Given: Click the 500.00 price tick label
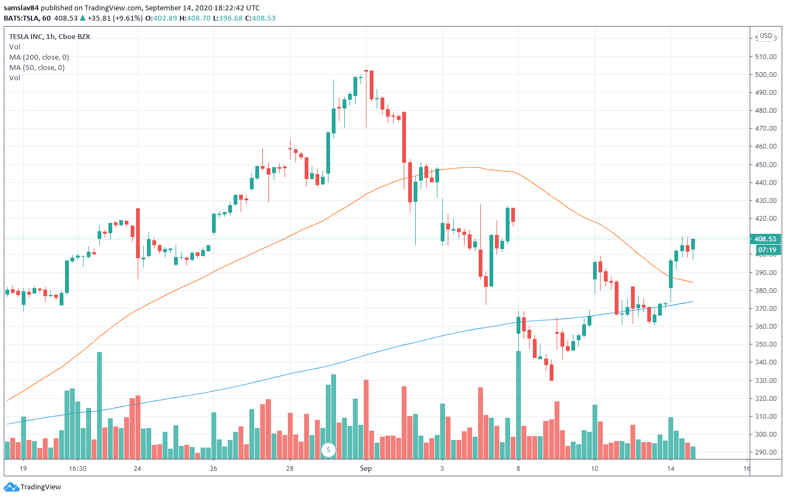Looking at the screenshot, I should click(765, 74).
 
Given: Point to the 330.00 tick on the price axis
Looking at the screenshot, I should click(765, 380).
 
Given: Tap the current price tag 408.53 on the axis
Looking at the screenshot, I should click(765, 239).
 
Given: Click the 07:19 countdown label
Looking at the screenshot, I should click(766, 250).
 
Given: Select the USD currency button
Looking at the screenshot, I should click(765, 36).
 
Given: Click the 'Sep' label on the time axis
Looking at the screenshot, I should click(366, 468).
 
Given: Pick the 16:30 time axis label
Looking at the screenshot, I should click(78, 468).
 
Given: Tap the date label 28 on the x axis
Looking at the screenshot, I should click(289, 468).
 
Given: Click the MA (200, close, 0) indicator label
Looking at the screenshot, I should click(39, 57).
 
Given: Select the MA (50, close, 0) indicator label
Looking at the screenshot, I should click(37, 67).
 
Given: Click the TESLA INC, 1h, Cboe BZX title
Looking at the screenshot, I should click(49, 36).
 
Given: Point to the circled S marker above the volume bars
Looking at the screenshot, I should click(328, 450).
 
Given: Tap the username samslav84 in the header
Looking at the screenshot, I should click(21, 8).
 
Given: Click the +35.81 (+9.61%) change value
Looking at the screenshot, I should click(115, 18).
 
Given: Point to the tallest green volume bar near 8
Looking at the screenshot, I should click(518, 404).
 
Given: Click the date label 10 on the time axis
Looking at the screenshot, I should click(594, 468).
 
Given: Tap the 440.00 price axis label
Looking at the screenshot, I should click(765, 182).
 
